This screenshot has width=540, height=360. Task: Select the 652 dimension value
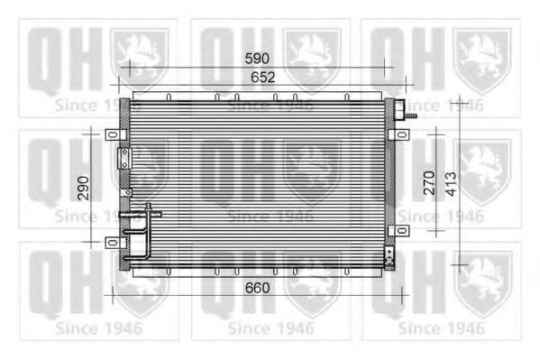(x=262, y=78)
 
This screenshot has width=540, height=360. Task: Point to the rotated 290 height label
(x=83, y=188)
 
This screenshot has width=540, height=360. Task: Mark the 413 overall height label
(x=451, y=185)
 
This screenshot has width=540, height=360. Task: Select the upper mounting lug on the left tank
(x=113, y=134)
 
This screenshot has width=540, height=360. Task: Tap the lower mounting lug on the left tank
(x=113, y=241)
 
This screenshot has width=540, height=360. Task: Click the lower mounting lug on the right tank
(x=392, y=230)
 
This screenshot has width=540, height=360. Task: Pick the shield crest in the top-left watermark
(x=139, y=56)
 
